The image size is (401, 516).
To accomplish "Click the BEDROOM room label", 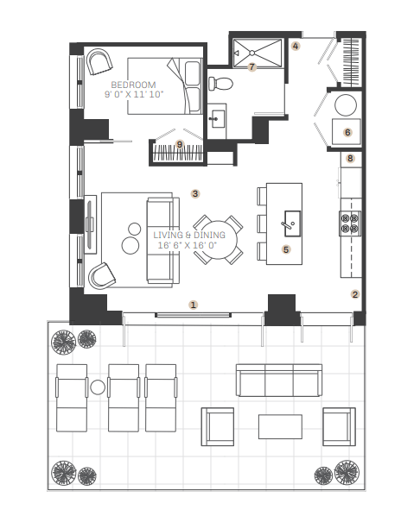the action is (x=133, y=85).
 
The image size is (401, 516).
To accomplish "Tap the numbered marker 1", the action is (x=194, y=305).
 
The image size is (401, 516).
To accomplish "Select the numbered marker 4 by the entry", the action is (x=296, y=46).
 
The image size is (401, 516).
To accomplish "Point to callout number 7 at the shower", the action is (x=252, y=67).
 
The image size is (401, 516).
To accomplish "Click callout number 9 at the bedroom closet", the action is (x=180, y=144).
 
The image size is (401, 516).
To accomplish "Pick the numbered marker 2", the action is (x=355, y=294).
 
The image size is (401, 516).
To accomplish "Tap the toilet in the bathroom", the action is (x=220, y=84).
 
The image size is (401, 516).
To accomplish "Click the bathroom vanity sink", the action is (x=217, y=118).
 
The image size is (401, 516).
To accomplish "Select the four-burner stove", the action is (x=350, y=223).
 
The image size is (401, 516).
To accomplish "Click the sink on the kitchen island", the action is (x=293, y=223).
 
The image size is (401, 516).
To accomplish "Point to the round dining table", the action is (x=218, y=240).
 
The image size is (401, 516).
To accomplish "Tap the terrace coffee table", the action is (x=280, y=426).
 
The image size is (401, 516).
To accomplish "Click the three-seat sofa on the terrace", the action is (x=279, y=380).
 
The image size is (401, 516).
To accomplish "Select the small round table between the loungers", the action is (x=98, y=387).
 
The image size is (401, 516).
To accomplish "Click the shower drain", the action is (x=252, y=53).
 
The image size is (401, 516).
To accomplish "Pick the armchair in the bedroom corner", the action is (x=99, y=61).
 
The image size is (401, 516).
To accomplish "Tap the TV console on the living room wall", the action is (x=90, y=224).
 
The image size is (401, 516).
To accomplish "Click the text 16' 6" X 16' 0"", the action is (x=188, y=246).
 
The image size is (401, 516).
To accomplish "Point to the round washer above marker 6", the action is (x=346, y=105).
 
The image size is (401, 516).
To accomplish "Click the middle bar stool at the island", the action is (x=262, y=223).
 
